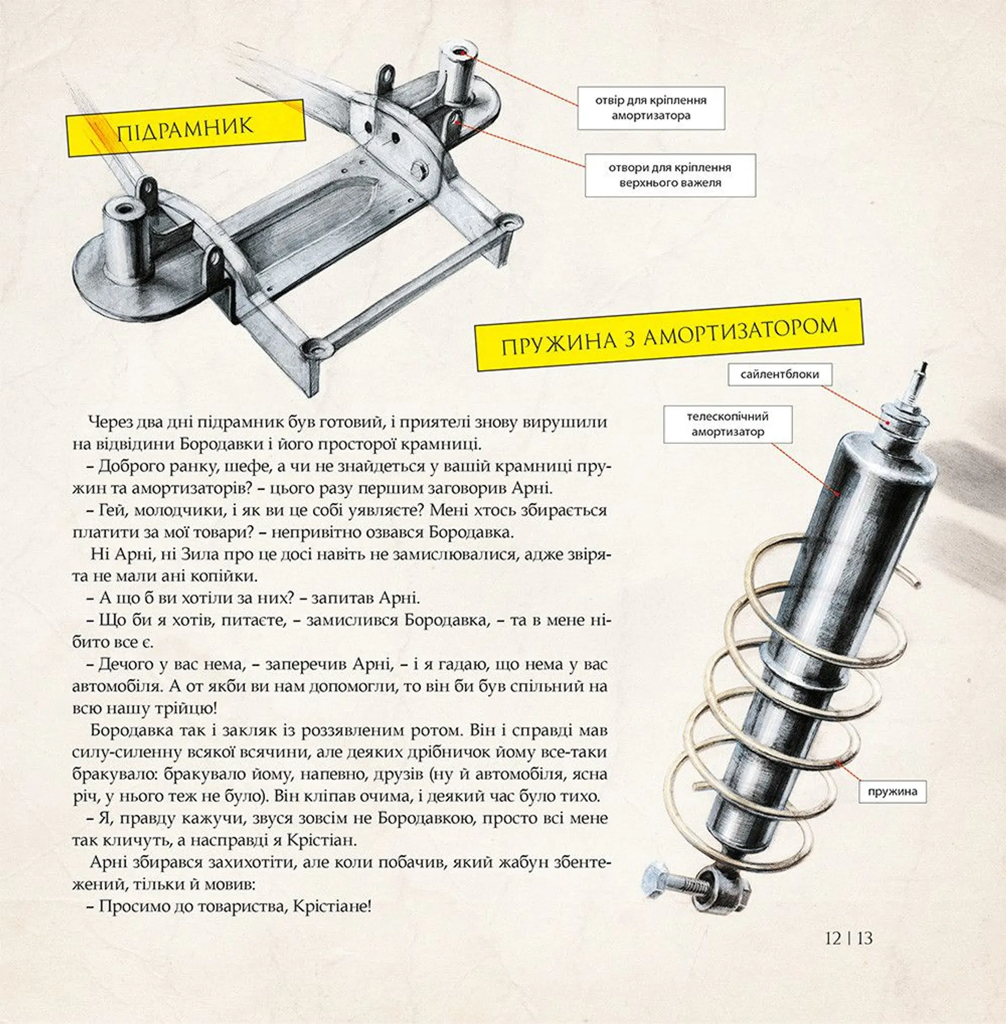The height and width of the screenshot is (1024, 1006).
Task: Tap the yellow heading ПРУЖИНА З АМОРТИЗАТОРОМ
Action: click(x=669, y=335)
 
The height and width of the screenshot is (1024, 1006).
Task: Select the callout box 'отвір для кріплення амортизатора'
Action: click(x=651, y=108)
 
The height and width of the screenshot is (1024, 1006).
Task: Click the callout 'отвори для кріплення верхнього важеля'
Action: click(x=670, y=175)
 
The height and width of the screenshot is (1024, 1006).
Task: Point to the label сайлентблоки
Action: click(x=779, y=375)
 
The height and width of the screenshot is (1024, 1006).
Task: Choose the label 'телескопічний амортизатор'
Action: click(x=728, y=424)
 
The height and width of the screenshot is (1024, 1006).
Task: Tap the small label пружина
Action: click(x=892, y=791)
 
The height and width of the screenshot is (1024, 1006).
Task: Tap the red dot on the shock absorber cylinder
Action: click(x=838, y=493)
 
